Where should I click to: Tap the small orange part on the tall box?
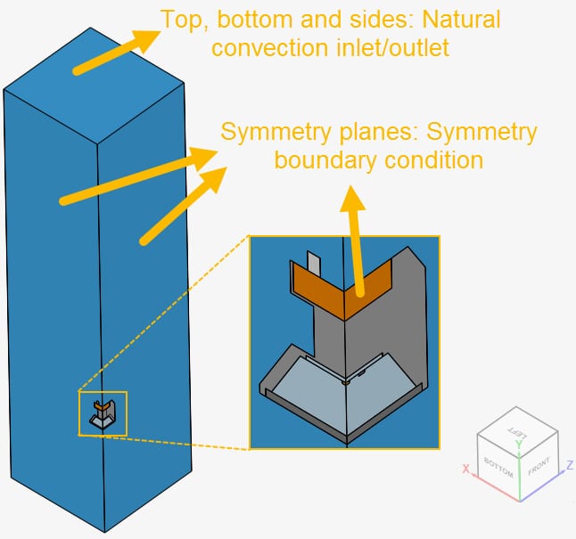pos(102,407)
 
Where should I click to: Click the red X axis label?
pos(465,468)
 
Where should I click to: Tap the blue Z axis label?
pos(569,465)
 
